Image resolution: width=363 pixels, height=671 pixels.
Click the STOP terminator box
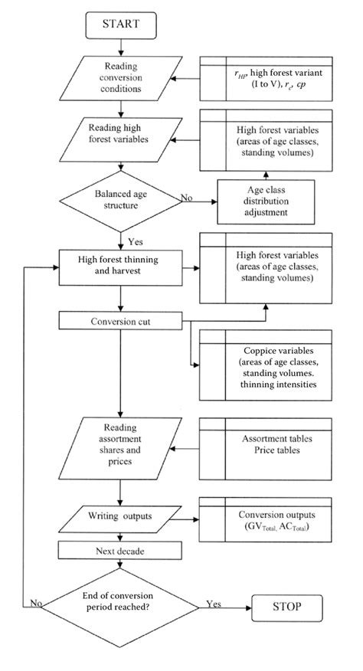pos(289,609)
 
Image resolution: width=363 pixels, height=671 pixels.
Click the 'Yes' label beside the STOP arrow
pos(214,604)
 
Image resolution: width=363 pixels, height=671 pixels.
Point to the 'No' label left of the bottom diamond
pos(36,604)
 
